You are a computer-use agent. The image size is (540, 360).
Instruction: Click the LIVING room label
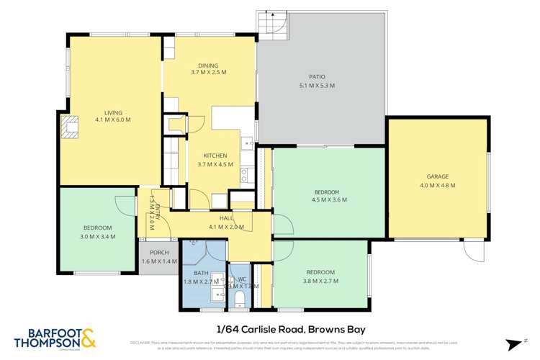click(113, 112)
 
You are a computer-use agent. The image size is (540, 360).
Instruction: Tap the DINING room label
click(209, 65)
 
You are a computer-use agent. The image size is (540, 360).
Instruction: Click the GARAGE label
click(438, 176)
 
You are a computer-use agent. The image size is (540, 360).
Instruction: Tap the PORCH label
click(158, 253)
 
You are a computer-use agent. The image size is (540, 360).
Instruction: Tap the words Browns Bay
click(323, 329)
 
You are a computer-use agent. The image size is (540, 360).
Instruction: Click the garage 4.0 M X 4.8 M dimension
click(438, 185)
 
